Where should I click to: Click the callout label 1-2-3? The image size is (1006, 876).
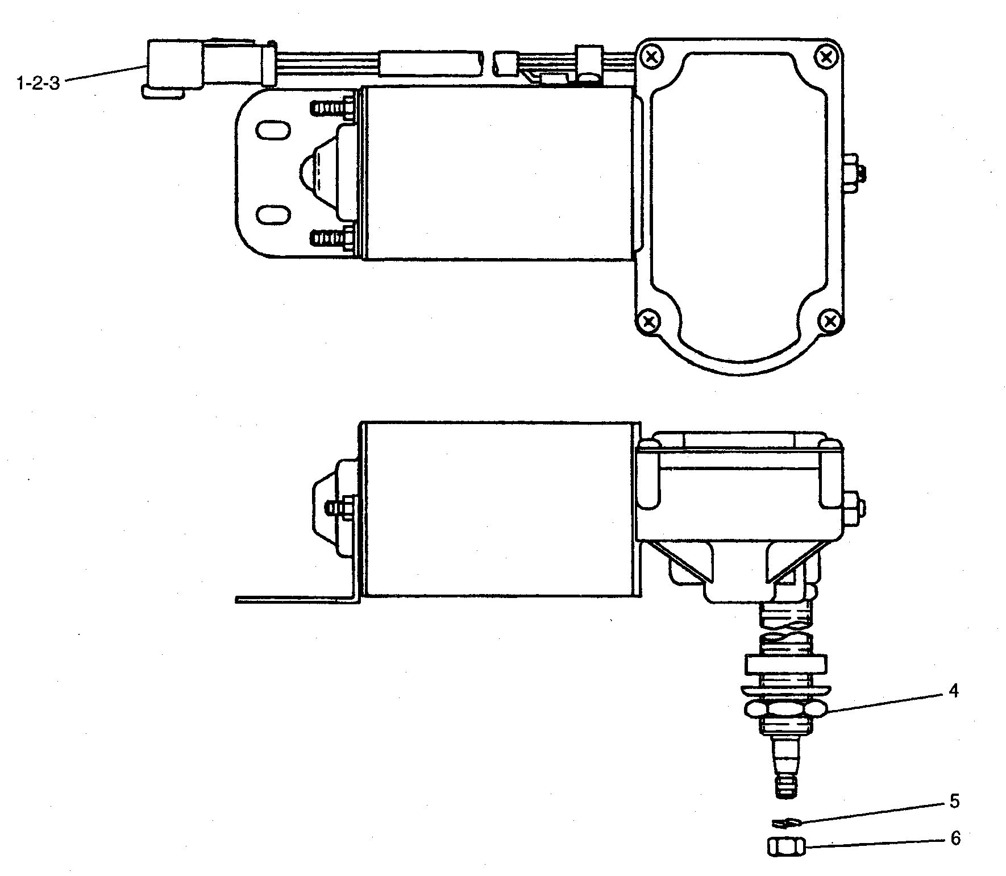click(38, 84)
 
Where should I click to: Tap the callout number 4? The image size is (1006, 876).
click(953, 691)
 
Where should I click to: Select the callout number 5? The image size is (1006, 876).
click(954, 802)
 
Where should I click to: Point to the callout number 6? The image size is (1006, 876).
click(955, 838)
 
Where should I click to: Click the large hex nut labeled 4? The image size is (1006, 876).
click(786, 711)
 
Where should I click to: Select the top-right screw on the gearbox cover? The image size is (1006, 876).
click(827, 55)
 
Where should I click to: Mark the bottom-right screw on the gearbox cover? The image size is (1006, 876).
click(830, 322)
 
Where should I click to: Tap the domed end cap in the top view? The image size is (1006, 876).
click(319, 172)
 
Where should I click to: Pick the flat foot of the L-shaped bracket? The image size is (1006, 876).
click(296, 599)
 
